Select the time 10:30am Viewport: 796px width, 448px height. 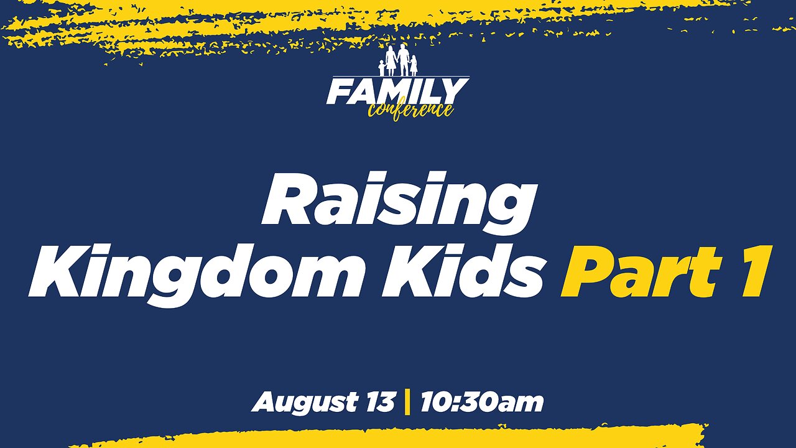[x=481, y=403]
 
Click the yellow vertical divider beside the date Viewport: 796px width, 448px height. [x=407, y=403]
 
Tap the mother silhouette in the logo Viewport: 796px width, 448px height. [x=391, y=61]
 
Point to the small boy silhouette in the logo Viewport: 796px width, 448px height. [x=381, y=68]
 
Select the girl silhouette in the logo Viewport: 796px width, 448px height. [x=414, y=66]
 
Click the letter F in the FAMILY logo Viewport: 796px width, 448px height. [x=340, y=92]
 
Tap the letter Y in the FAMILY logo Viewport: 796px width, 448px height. [x=455, y=92]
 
